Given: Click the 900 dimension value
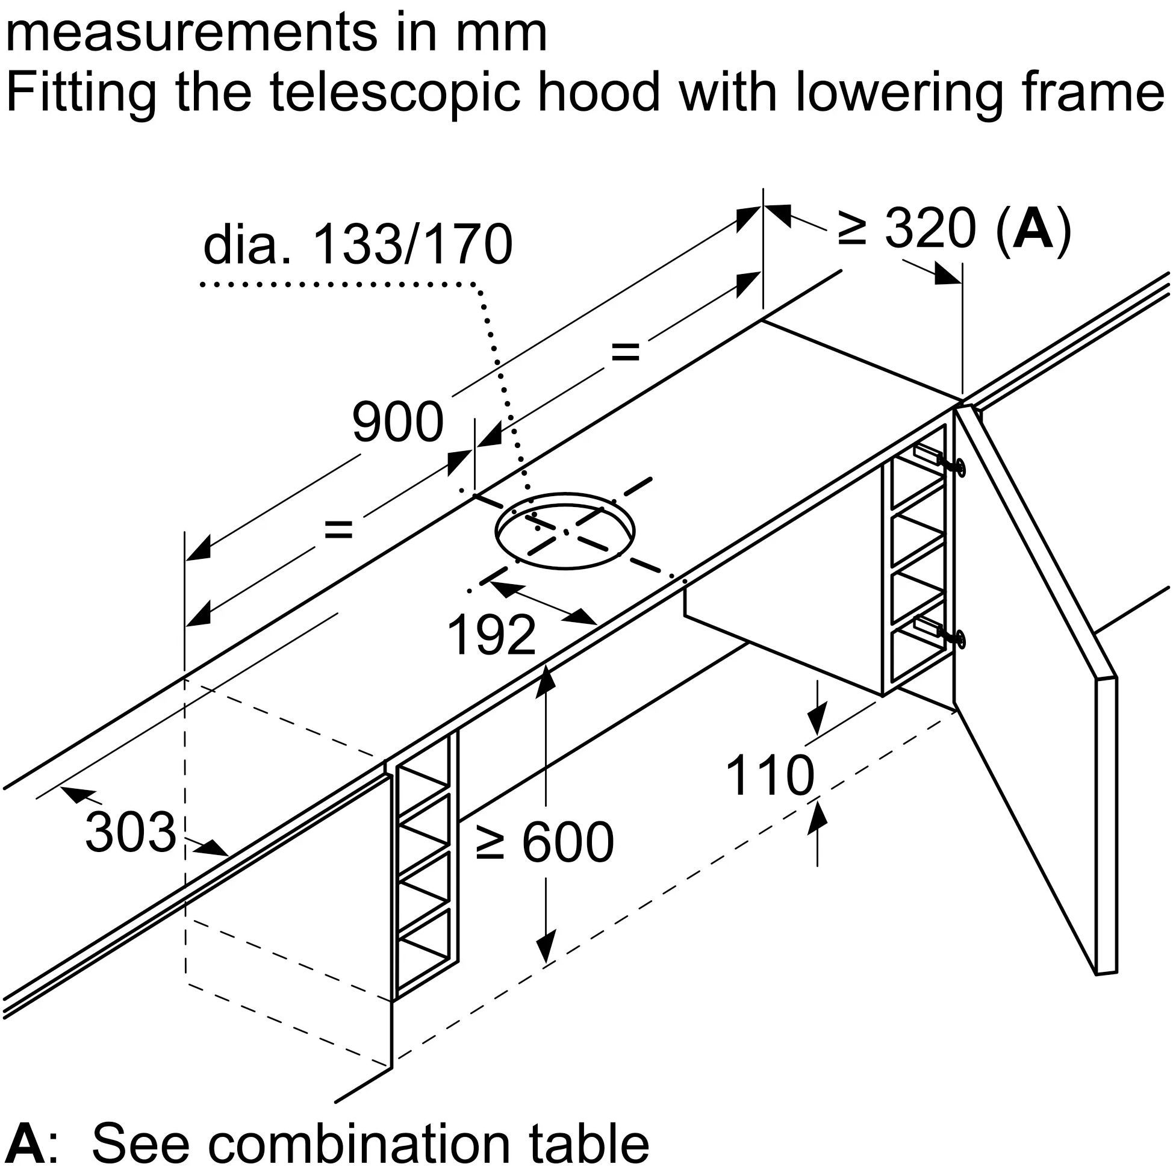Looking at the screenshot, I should click(x=397, y=422).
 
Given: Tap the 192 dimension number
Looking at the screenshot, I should click(x=491, y=635).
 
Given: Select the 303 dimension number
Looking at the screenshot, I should click(x=130, y=832).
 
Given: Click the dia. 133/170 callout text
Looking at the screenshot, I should click(x=358, y=245).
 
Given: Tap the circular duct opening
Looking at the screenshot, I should click(x=565, y=530).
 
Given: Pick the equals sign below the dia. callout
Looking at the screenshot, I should click(x=626, y=352).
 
